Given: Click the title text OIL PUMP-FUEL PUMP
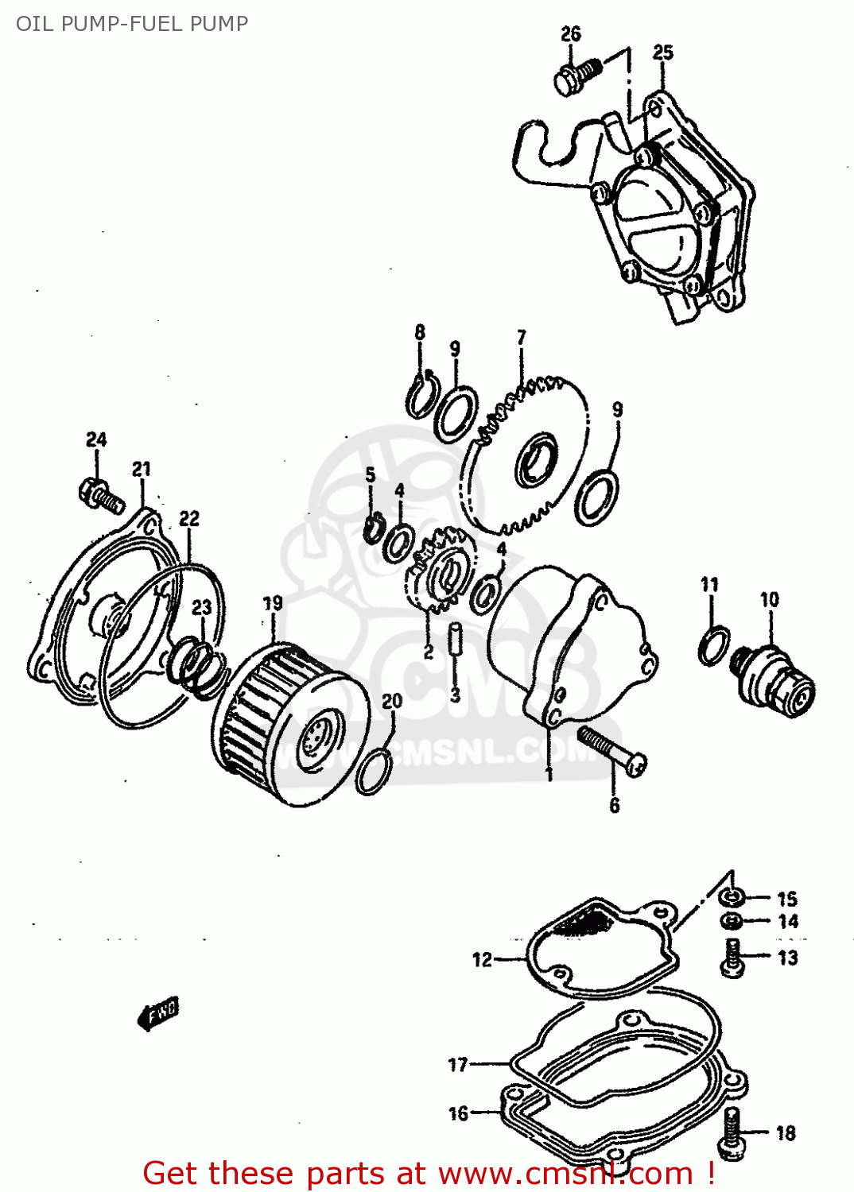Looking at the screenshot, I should (x=132, y=24).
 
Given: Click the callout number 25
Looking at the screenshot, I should (x=662, y=52).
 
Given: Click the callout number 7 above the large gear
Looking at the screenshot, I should (x=522, y=338).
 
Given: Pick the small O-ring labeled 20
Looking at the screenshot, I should (x=374, y=771).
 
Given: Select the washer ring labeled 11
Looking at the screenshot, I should (x=714, y=645).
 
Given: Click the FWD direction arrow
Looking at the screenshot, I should (x=158, y=1013).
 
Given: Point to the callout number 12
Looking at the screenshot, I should (x=482, y=960).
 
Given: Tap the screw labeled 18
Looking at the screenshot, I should (x=732, y=1132).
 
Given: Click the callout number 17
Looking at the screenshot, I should (x=458, y=1064).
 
